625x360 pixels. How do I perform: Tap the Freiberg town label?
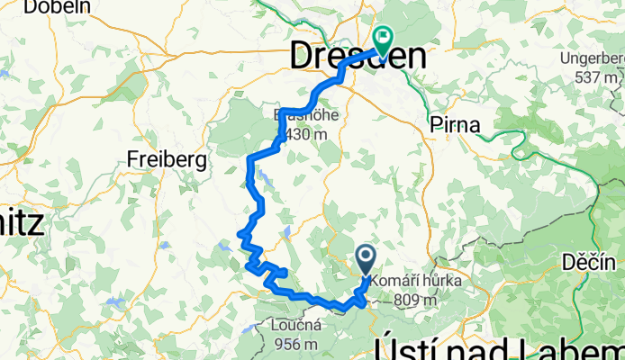pos(167,159)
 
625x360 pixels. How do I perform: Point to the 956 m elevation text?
pos(294,344)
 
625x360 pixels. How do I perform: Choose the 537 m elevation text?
pos(598,77)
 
